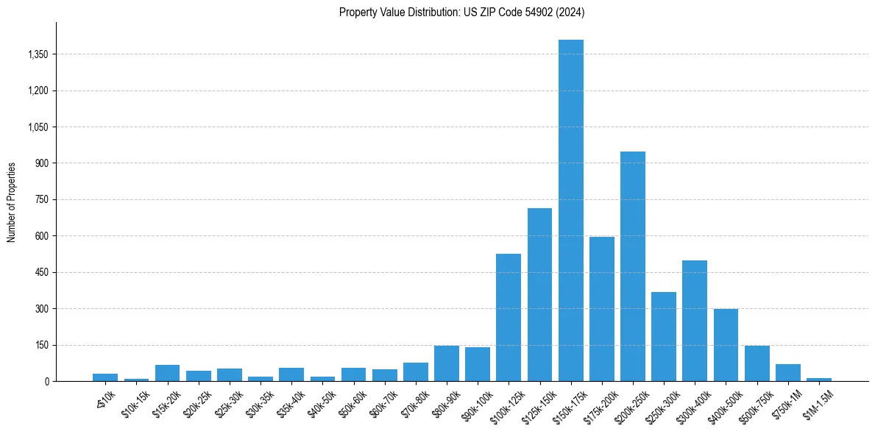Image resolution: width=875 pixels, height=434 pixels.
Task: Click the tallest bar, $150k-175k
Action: (x=570, y=210)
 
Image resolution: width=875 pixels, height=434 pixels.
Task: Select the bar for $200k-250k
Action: (x=633, y=266)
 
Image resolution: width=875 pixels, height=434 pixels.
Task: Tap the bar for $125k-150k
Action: (x=539, y=294)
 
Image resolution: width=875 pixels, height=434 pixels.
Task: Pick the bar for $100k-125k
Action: (x=509, y=317)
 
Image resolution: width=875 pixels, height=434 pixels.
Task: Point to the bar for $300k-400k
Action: (x=695, y=321)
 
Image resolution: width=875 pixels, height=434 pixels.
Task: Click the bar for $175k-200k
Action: (x=601, y=309)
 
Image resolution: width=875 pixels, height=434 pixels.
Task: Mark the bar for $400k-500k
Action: (x=726, y=345)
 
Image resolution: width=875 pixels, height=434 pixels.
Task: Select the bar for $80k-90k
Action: (x=447, y=363)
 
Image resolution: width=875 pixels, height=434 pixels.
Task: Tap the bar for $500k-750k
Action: (x=757, y=363)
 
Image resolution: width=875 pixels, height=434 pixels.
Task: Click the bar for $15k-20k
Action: (x=167, y=373)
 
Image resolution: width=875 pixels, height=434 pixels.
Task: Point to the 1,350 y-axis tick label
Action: (x=37, y=54)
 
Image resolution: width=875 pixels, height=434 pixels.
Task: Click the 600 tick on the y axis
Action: (x=41, y=236)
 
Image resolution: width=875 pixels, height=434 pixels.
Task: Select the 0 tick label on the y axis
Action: (x=46, y=381)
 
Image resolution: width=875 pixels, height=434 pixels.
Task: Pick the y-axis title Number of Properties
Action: (x=12, y=202)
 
